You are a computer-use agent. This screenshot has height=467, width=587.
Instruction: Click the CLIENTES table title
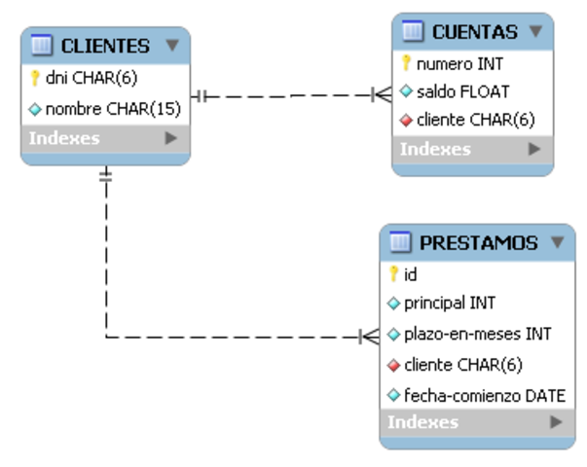pyautogui.click(x=104, y=45)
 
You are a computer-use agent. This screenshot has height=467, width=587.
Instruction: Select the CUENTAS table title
pyautogui.click(x=474, y=32)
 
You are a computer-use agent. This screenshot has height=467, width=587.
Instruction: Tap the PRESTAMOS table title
pyautogui.click(x=478, y=242)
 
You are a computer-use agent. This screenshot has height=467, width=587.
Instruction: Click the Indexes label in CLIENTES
pyautogui.click(x=64, y=138)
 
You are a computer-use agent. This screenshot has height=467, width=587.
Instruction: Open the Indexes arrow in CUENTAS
pyautogui.click(x=533, y=149)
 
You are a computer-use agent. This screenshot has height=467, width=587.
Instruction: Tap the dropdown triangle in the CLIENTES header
pyautogui.click(x=172, y=45)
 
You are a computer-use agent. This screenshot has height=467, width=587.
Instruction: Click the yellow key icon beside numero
pyautogui.click(x=407, y=64)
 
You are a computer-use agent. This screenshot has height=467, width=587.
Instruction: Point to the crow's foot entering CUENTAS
pyautogui.click(x=382, y=95)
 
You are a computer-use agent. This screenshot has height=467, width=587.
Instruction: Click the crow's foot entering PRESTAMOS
pyautogui.click(x=369, y=337)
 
